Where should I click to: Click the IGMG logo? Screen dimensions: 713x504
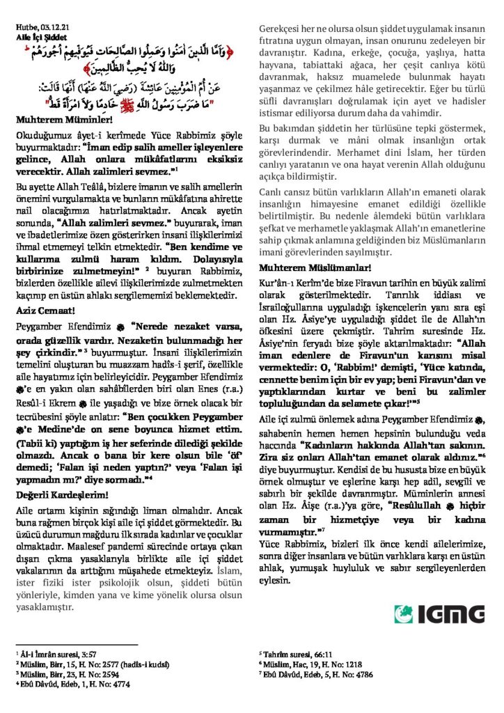click(439, 613)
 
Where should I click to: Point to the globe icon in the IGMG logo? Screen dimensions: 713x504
click(404, 614)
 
